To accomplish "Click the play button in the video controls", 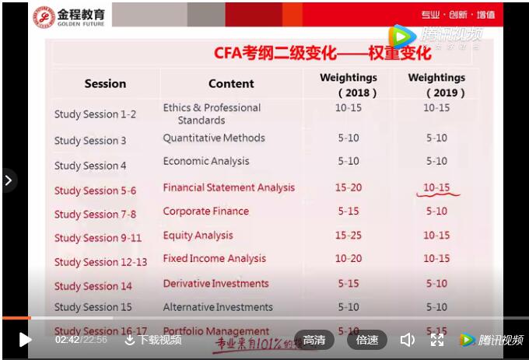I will coord(25,340).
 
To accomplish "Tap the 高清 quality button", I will coord(314,340).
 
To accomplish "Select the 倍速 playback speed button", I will coord(367,340).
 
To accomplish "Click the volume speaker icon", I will coord(407,340).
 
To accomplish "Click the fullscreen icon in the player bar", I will coord(437,340).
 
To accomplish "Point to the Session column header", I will coord(105,83).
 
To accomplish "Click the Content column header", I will coord(231,83).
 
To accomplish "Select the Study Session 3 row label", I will coord(90,141).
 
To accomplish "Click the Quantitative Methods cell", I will coord(214,138).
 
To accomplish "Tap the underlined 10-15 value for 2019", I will coord(436,187).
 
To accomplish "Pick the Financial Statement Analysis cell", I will coord(229,187).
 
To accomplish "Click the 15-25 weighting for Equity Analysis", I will coord(349,236).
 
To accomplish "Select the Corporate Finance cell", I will coord(206,211).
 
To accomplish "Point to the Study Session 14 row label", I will coord(93,286).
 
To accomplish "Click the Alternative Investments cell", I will coord(218,307).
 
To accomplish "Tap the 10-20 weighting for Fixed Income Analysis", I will coord(349,259).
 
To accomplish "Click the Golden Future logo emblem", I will coord(44,16).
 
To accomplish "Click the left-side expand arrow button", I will coord(8,180).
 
